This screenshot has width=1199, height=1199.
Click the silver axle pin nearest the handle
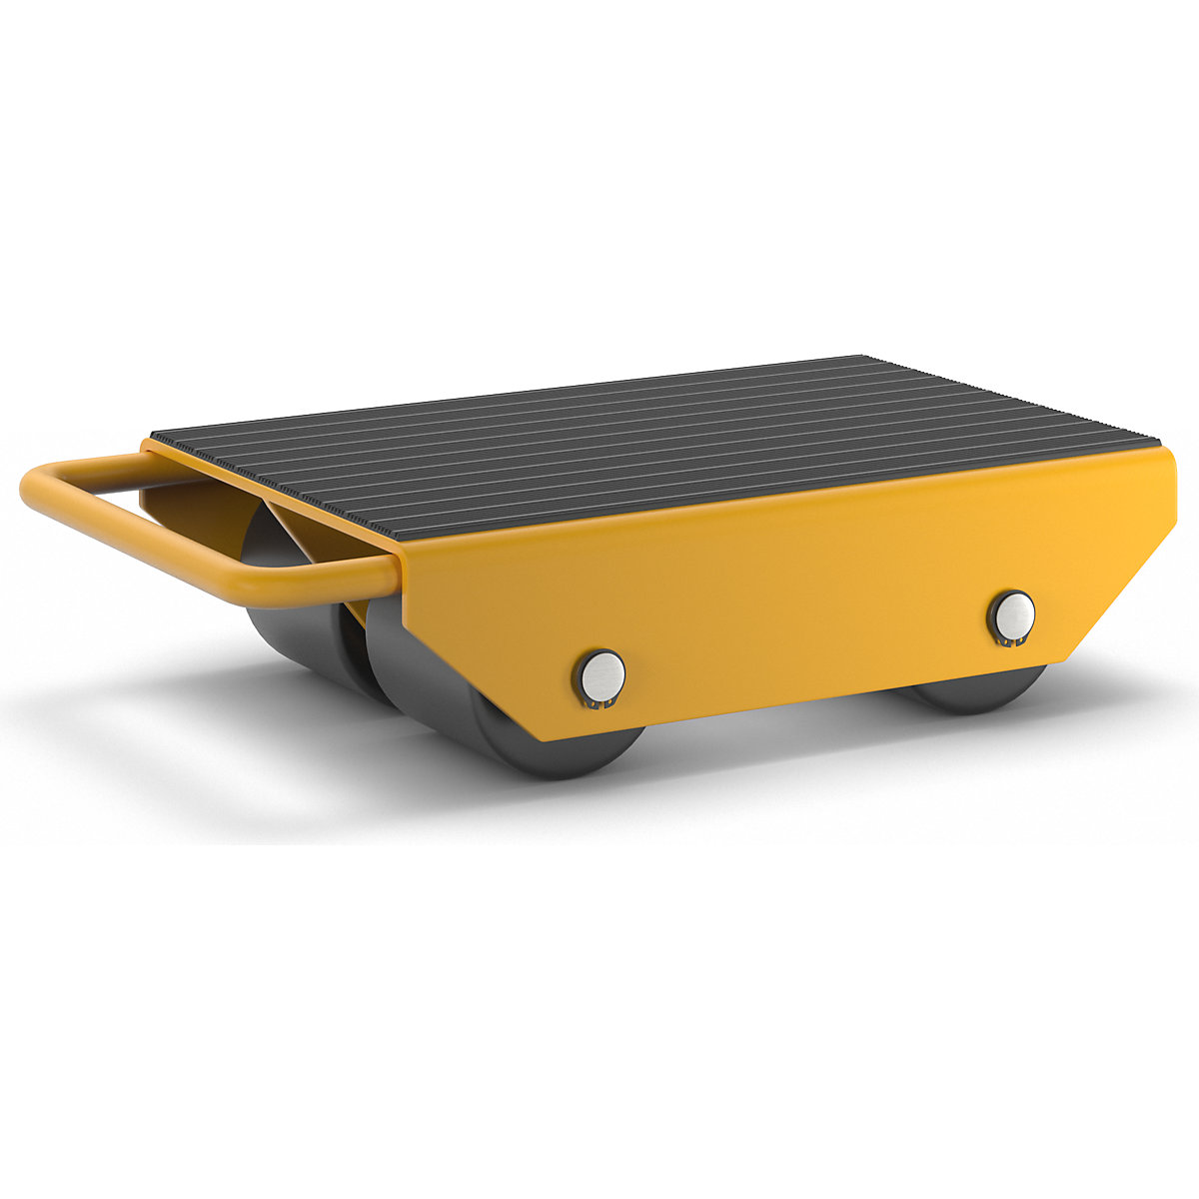(602, 672)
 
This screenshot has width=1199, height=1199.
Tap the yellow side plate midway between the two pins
(799, 619)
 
